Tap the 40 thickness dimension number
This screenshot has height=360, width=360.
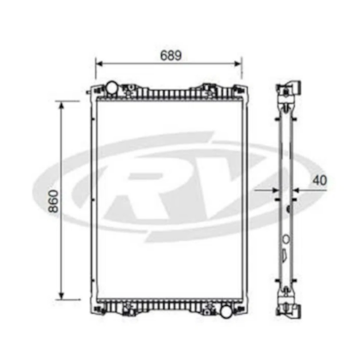click(x=320, y=180)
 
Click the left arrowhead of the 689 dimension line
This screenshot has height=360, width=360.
click(x=98, y=63)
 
